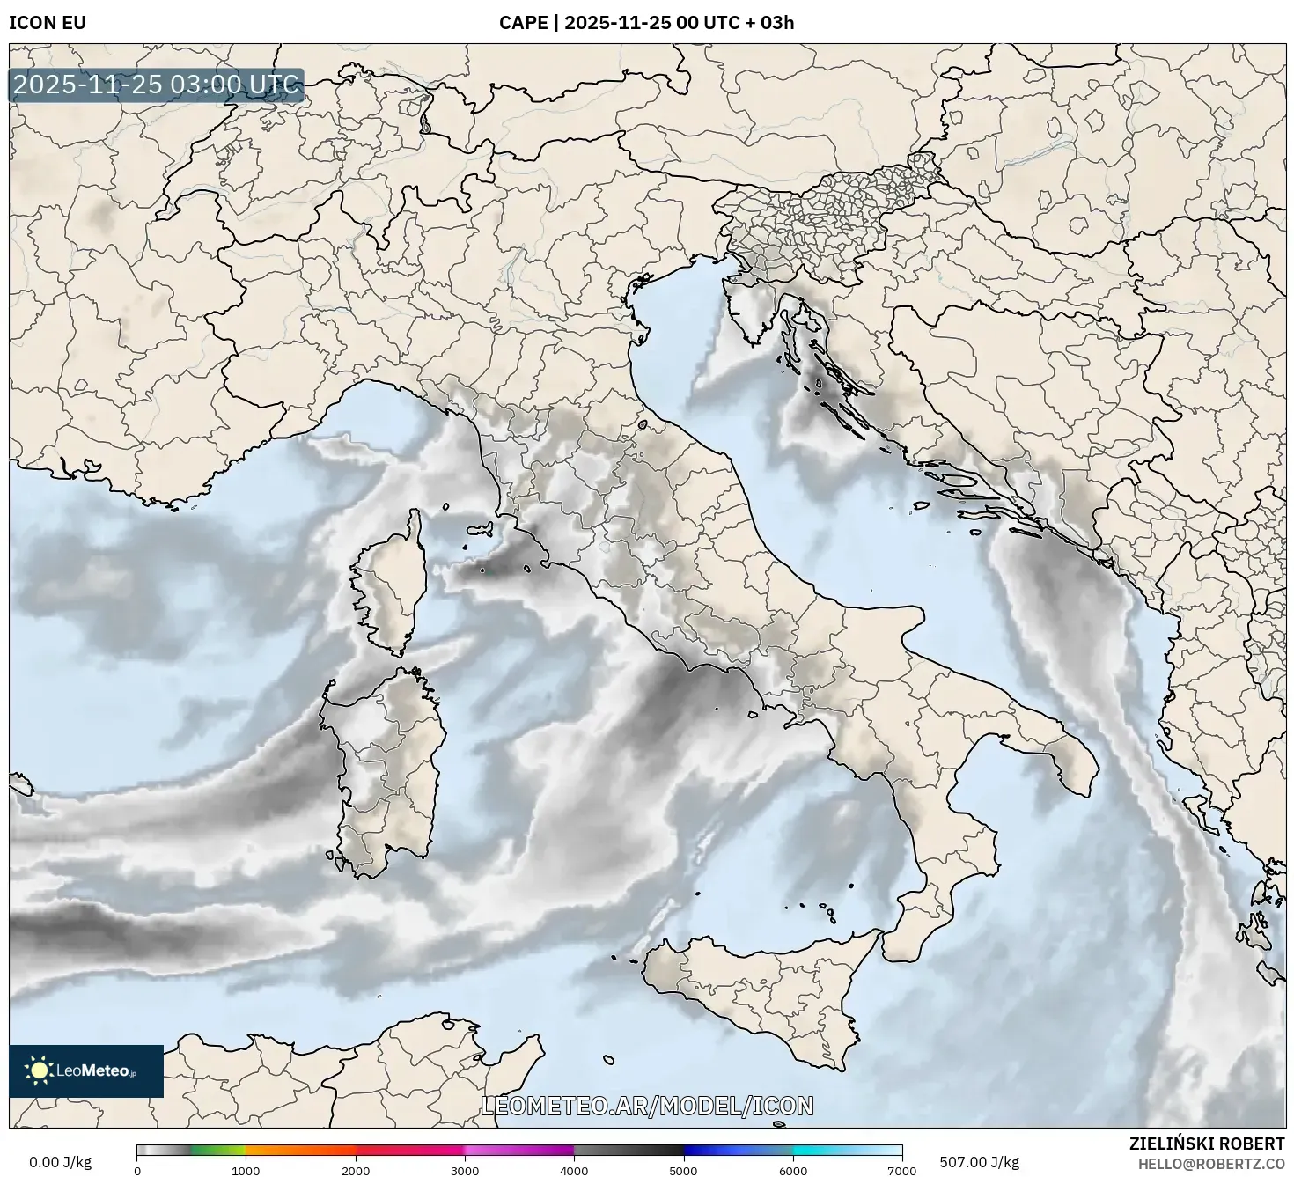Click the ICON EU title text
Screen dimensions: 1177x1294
click(48, 23)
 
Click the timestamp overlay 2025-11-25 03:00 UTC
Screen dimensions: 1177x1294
click(156, 85)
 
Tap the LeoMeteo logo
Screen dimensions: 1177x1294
click(86, 1070)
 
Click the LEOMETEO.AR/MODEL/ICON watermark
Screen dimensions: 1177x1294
click(647, 1106)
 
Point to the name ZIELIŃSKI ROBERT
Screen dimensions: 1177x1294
click(1207, 1144)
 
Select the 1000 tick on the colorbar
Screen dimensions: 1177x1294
click(246, 1170)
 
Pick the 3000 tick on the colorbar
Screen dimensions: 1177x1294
click(465, 1170)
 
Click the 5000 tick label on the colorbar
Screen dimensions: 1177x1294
click(683, 1170)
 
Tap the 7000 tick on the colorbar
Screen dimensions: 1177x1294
click(901, 1170)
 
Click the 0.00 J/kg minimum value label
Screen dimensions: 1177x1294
click(60, 1162)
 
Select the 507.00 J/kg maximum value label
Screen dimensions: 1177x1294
click(979, 1162)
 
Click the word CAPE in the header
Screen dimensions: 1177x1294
click(523, 23)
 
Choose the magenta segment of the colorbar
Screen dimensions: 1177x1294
click(519, 1150)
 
